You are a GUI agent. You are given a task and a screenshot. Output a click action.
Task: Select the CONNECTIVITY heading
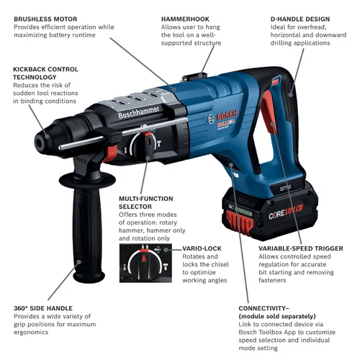pos(270,307)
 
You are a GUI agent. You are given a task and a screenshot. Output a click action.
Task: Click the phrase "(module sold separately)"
pos(278,316)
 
